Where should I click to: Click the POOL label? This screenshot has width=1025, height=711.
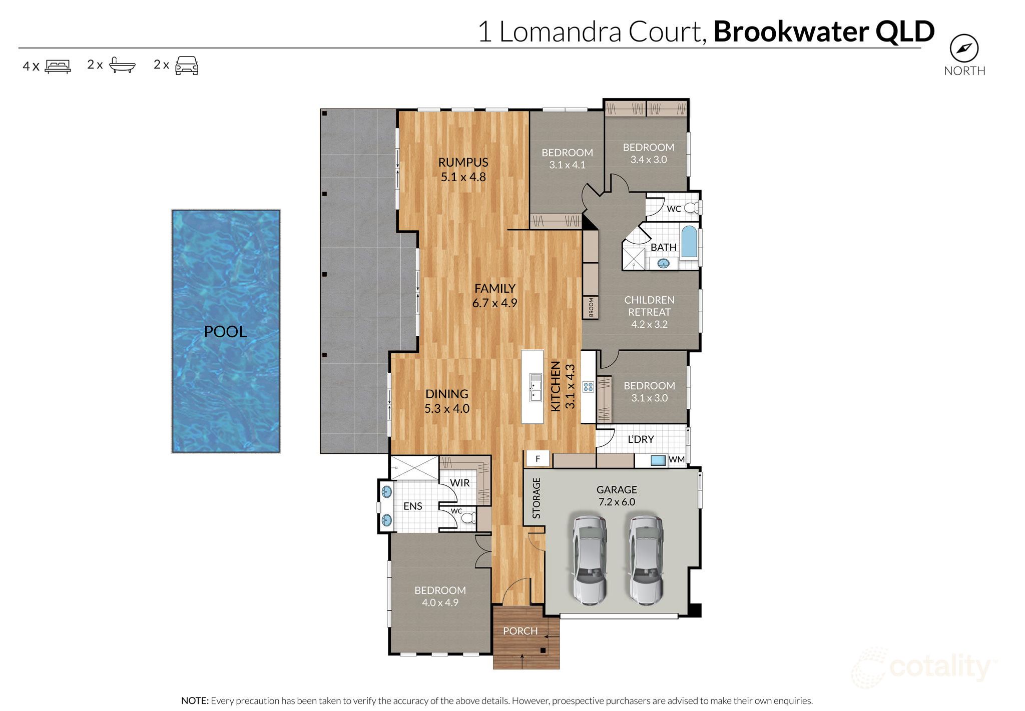pyautogui.click(x=225, y=332)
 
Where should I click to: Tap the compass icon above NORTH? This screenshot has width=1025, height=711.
pyautogui.click(x=964, y=49)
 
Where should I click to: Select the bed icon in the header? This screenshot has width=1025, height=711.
pyautogui.click(x=58, y=66)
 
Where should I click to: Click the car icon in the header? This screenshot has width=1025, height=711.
pyautogui.click(x=187, y=66)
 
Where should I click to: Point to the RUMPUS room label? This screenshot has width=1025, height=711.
pyautogui.click(x=463, y=162)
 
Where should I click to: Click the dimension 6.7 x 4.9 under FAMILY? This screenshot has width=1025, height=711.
pyautogui.click(x=494, y=303)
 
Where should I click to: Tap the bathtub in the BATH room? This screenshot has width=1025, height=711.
pyautogui.click(x=689, y=242)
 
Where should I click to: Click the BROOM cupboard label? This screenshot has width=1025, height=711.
pyautogui.click(x=591, y=307)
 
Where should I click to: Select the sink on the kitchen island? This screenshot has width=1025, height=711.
pyautogui.click(x=536, y=388)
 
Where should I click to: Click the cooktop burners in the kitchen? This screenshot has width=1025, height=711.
pyautogui.click(x=588, y=387)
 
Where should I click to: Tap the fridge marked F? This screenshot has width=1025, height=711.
pyautogui.click(x=538, y=458)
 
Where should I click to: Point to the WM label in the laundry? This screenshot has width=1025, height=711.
pyautogui.click(x=676, y=459)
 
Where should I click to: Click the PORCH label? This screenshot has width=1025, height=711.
pyautogui.click(x=520, y=631)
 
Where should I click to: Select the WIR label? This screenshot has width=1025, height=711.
pyautogui.click(x=459, y=483)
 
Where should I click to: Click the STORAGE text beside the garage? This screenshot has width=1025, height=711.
pyautogui.click(x=537, y=498)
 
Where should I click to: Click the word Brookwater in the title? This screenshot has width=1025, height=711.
pyautogui.click(x=791, y=32)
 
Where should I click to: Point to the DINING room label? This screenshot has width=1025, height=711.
pyautogui.click(x=446, y=394)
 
